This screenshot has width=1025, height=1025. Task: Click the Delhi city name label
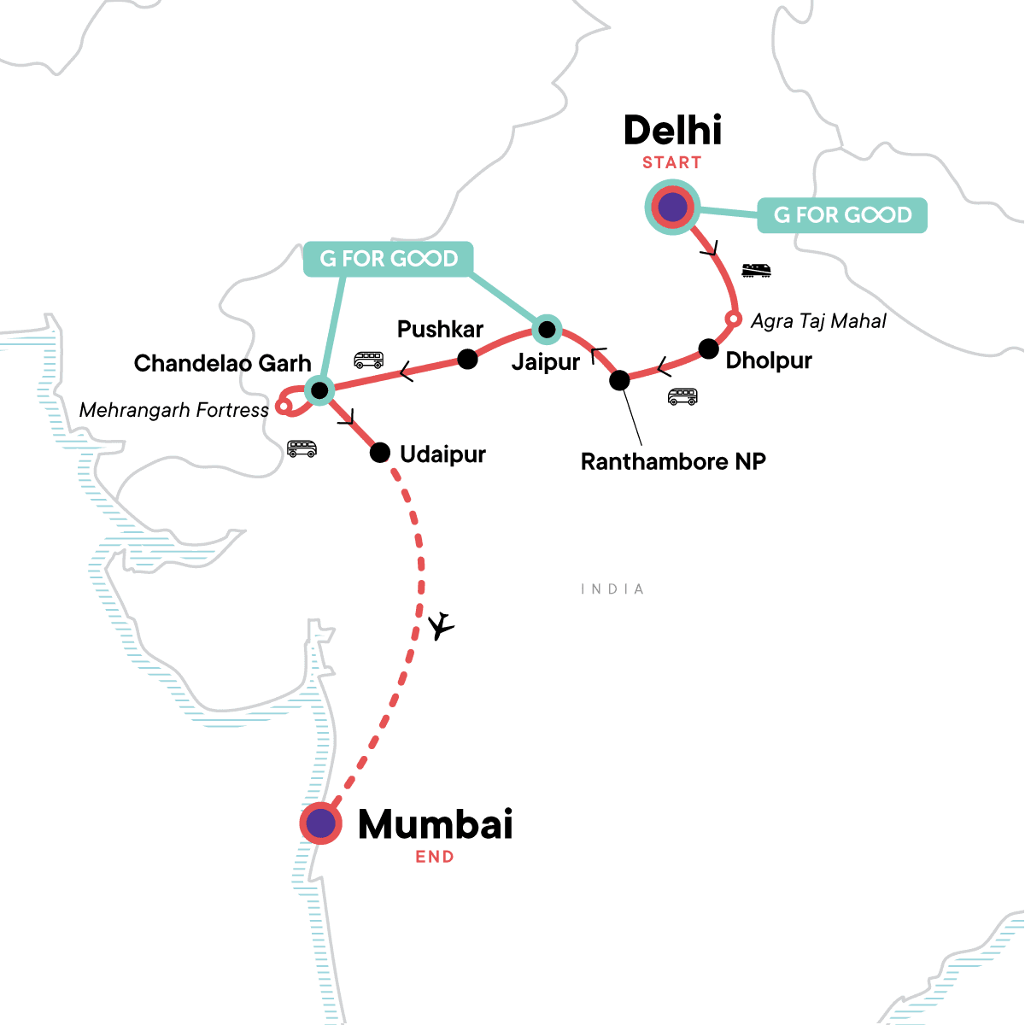(x=672, y=131)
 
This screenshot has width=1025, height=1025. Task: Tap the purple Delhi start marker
(x=673, y=207)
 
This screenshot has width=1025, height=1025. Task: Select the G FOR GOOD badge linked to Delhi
(x=842, y=215)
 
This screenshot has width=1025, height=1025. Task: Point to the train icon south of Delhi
(x=756, y=271)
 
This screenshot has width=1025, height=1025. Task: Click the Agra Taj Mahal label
(x=818, y=321)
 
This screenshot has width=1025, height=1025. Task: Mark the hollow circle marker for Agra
(x=732, y=319)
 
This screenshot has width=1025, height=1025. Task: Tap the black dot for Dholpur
(x=708, y=348)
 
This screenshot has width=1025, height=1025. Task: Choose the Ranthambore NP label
(x=673, y=462)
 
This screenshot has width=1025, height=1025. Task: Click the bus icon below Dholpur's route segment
(x=682, y=396)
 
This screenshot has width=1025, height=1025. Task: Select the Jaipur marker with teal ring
(x=547, y=329)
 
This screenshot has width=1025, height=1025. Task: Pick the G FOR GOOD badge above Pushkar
(x=389, y=259)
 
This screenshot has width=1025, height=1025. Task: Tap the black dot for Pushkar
(x=467, y=360)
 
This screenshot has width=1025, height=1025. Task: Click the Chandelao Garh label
(x=222, y=364)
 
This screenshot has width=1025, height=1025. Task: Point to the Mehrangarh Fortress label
(x=174, y=411)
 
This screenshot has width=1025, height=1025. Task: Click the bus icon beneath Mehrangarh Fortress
(x=302, y=448)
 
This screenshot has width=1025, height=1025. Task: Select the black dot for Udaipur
(x=380, y=453)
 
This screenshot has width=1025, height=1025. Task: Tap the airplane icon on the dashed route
(x=441, y=626)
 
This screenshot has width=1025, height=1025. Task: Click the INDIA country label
(x=612, y=589)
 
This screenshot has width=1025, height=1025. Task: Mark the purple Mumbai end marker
(x=321, y=823)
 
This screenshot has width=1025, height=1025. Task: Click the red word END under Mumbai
(x=435, y=857)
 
